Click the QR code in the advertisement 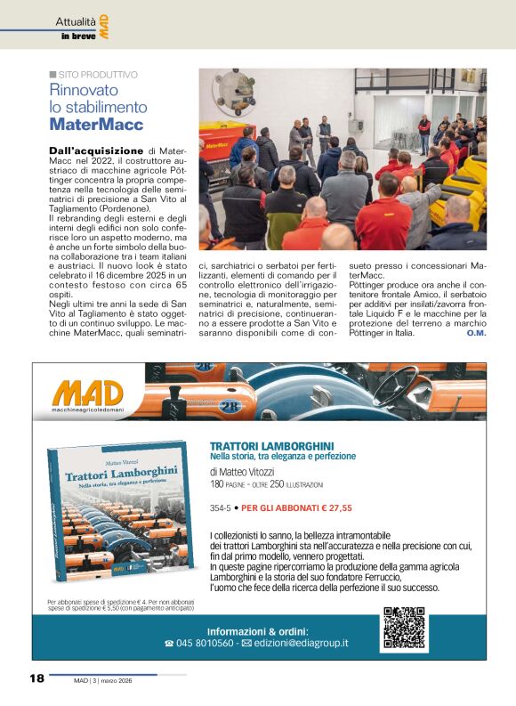404,628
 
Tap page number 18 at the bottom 36,678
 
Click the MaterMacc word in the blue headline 96,125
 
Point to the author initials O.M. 476,333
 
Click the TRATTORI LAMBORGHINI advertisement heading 271,445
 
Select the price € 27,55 331,508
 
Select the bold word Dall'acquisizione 96,151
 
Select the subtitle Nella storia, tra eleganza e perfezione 282,456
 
